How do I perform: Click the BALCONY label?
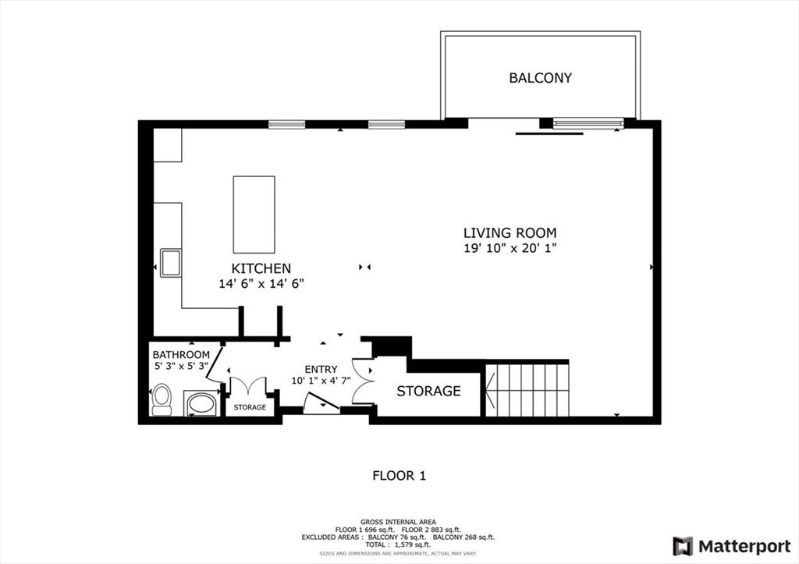click(540, 78)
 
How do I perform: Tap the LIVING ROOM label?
click(510, 232)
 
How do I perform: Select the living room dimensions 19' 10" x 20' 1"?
click(510, 248)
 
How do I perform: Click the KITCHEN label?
click(261, 268)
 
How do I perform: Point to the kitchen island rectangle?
click(254, 215)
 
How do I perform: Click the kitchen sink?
click(170, 262)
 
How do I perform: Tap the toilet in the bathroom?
click(162, 399)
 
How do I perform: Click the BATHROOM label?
click(181, 355)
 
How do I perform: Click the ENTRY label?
click(321, 370)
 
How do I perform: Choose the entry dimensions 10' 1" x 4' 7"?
click(321, 381)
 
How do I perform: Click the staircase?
click(527, 389)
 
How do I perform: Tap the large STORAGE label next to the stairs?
click(428, 391)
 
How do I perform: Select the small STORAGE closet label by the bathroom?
click(250, 407)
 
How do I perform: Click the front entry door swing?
click(321, 403)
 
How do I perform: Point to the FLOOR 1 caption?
click(399, 475)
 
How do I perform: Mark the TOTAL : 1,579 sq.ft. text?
click(399, 544)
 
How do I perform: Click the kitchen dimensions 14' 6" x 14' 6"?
click(261, 284)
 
